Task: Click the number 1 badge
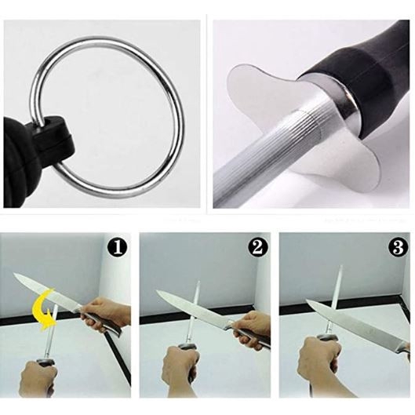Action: [118, 247]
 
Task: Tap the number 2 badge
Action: [258, 247]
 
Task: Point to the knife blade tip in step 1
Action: [14, 275]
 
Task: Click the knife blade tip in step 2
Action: [157, 291]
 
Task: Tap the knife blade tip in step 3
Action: [308, 300]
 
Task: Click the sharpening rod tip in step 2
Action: [198, 282]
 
